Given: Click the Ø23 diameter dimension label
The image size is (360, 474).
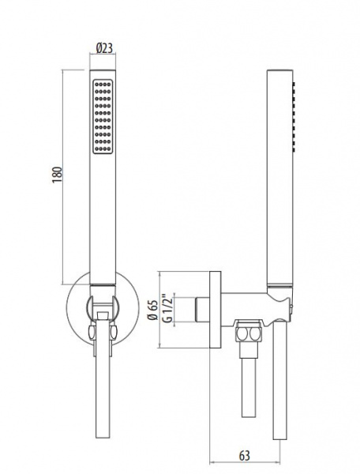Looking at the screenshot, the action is tap(104, 48).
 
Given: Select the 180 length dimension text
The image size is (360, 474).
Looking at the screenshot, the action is tap(57, 175).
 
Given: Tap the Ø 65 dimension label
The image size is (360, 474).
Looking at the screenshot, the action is tap(154, 310).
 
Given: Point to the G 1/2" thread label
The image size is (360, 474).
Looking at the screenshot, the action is tap(167, 308).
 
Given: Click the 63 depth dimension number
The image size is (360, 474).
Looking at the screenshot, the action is tap(245, 455).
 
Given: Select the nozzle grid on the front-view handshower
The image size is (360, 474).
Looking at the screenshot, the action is tap(103, 117).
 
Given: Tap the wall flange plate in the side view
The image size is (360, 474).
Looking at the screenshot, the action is tap(215, 310).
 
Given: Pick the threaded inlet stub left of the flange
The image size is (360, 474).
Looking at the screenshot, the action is tap(202, 310).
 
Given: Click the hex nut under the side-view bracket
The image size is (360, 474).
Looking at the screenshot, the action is tap(248, 333).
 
